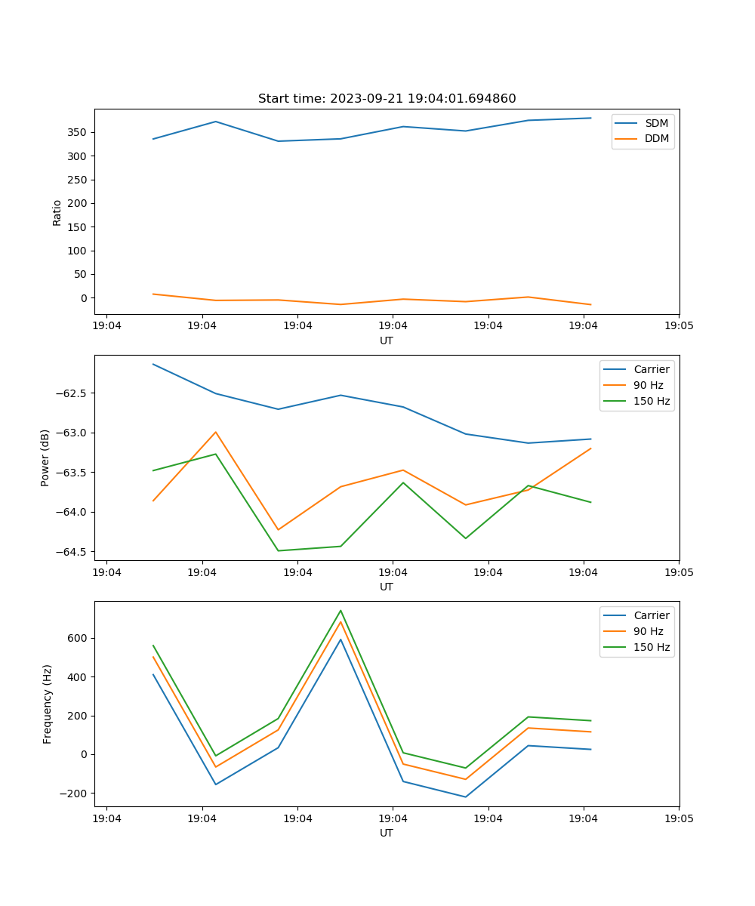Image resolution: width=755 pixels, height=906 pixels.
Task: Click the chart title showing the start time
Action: click(x=387, y=99)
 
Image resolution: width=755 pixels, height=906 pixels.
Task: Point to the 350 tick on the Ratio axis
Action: click(x=78, y=132)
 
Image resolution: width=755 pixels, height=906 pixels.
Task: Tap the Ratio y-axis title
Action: click(x=57, y=212)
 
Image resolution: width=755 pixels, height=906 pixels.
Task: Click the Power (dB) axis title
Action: click(x=45, y=458)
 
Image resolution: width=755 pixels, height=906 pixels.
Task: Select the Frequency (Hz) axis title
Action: click(x=48, y=704)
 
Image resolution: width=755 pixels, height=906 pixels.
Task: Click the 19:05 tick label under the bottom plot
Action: click(x=679, y=818)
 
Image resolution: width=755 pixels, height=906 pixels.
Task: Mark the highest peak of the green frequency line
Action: click(x=341, y=611)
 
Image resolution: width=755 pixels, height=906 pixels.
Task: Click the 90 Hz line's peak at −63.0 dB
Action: click(x=215, y=433)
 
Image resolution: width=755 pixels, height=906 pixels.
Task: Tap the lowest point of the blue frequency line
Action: click(x=465, y=797)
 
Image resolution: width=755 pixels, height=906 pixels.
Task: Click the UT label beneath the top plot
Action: click(x=387, y=341)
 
